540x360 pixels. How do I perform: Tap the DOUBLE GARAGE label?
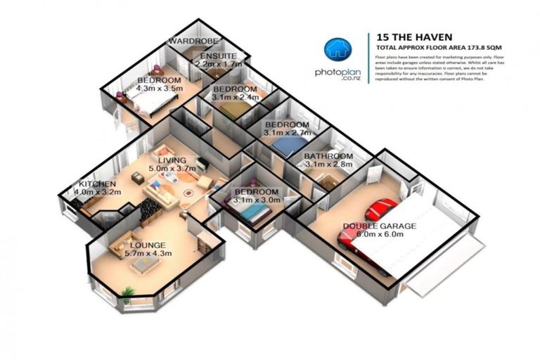(x=379, y=226)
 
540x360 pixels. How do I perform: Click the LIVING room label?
(x=172, y=160)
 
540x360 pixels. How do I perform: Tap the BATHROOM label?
(x=328, y=155)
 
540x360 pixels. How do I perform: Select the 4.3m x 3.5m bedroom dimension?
(x=159, y=89)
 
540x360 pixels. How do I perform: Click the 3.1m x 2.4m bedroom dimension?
(x=236, y=98)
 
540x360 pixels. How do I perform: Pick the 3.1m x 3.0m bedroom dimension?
(x=257, y=200)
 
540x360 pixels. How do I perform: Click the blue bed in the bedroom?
(x=286, y=146)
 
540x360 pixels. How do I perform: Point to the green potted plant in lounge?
(x=127, y=292)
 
